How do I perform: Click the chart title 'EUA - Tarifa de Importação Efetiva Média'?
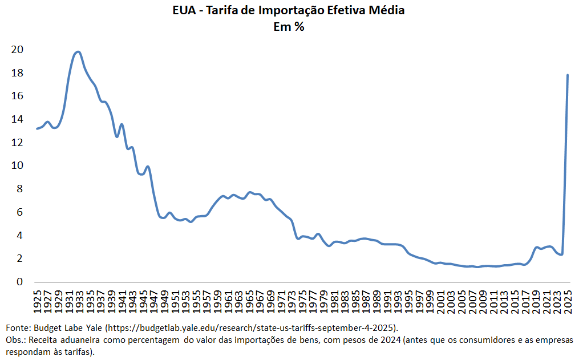289,11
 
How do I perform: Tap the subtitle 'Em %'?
289,26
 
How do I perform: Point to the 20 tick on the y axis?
18,50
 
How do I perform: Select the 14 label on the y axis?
18,119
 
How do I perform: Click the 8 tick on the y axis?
21,189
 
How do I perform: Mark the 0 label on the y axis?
21,282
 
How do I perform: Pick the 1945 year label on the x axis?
145,300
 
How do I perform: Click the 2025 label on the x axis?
568,300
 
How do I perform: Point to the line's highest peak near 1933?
78,52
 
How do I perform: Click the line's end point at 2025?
568,75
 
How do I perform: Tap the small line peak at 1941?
122,124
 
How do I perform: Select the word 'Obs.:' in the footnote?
16,340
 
